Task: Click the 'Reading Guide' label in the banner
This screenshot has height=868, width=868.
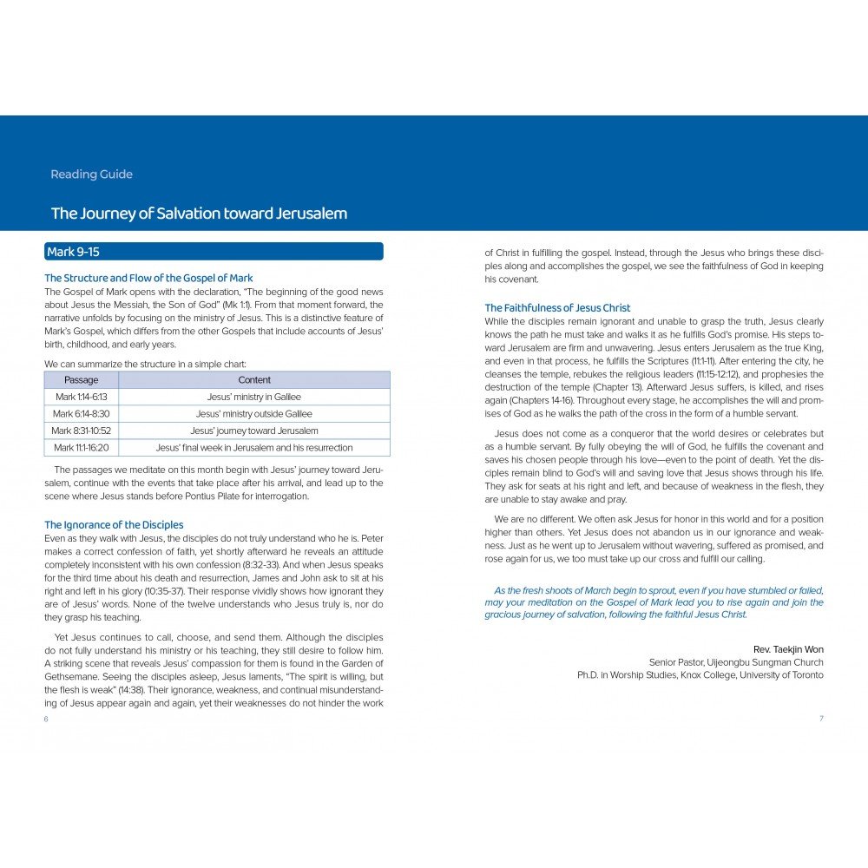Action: coord(91,174)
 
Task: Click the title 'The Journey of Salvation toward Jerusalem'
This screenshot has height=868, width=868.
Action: coord(199,214)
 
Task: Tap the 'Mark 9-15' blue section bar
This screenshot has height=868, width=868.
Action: coord(214,252)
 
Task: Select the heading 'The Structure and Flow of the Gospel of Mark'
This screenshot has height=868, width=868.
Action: coord(148,279)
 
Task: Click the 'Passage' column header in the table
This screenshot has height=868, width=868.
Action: coord(82,380)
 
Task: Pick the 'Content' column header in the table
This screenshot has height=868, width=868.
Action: coord(254,380)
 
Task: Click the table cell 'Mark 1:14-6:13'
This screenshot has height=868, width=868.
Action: coord(82,397)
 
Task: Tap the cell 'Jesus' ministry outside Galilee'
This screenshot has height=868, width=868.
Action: coord(254,414)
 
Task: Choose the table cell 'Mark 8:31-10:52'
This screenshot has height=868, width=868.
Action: coord(82,431)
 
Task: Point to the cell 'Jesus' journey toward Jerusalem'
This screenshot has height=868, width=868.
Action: coord(254,431)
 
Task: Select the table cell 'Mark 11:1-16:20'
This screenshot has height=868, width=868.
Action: coord(82,448)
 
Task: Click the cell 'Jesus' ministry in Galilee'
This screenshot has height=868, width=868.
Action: coord(254,397)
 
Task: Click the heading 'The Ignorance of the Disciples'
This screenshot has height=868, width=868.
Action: coord(114,525)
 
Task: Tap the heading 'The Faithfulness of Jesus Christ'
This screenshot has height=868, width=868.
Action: coord(557,308)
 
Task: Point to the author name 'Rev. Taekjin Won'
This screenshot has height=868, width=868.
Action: coord(789,649)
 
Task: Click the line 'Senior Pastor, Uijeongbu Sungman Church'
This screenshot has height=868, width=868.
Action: coord(736,662)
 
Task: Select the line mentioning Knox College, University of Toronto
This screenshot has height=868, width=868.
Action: coord(700,675)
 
